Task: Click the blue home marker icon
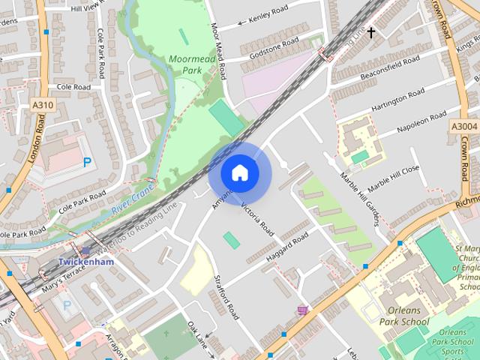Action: tap(239, 173)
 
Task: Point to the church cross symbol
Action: tap(370, 33)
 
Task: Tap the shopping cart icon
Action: tap(302, 310)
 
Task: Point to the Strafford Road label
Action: tap(222, 297)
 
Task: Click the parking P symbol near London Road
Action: tap(87, 161)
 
